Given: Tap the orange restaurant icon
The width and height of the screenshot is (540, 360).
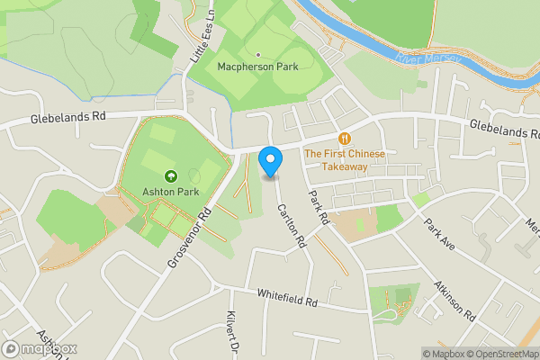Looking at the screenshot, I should click(x=345, y=139).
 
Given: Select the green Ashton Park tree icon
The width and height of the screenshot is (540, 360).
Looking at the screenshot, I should click(x=170, y=175).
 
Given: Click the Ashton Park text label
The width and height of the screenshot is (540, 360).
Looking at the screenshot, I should click(x=170, y=192).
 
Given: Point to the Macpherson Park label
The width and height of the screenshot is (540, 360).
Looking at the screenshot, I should click(x=257, y=67).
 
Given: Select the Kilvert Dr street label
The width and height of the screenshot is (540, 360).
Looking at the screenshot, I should click(x=231, y=334).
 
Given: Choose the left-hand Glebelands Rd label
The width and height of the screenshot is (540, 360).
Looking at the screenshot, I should click(x=67, y=117).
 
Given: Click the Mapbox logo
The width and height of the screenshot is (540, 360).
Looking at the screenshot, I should click(x=40, y=349).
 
